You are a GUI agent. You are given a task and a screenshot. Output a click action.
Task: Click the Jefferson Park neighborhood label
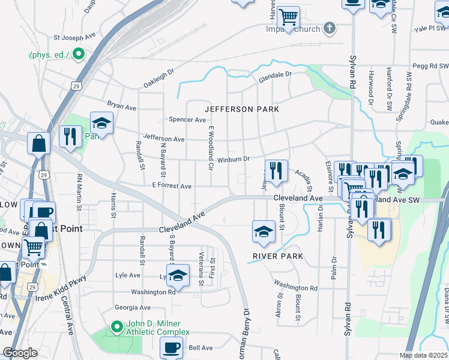[x=242, y=109]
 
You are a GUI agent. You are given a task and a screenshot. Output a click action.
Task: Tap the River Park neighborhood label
[x=277, y=256]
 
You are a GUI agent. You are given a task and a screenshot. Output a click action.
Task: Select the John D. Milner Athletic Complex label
[x=157, y=328]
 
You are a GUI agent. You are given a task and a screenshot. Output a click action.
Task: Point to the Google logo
[x=20, y=353]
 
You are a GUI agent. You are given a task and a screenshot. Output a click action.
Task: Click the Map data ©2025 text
[x=423, y=355]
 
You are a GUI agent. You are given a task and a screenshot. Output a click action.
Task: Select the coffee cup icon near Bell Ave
[x=172, y=346]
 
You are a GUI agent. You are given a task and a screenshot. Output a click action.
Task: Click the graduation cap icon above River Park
[x=264, y=231]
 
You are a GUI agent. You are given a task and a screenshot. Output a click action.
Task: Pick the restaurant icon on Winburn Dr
[x=276, y=170]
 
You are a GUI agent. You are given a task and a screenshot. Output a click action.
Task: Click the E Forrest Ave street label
[x=171, y=187]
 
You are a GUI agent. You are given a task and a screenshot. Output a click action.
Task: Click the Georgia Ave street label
[x=133, y=307]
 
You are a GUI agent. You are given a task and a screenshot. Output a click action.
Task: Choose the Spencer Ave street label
[x=187, y=119]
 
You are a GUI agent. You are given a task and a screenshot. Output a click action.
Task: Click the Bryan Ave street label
[x=122, y=106]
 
